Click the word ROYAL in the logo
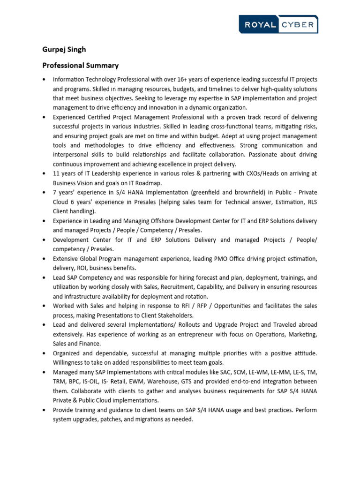tap(260, 25)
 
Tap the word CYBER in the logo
tap(298, 25)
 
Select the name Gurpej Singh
tap(64, 49)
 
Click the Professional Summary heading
tap(80, 65)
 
